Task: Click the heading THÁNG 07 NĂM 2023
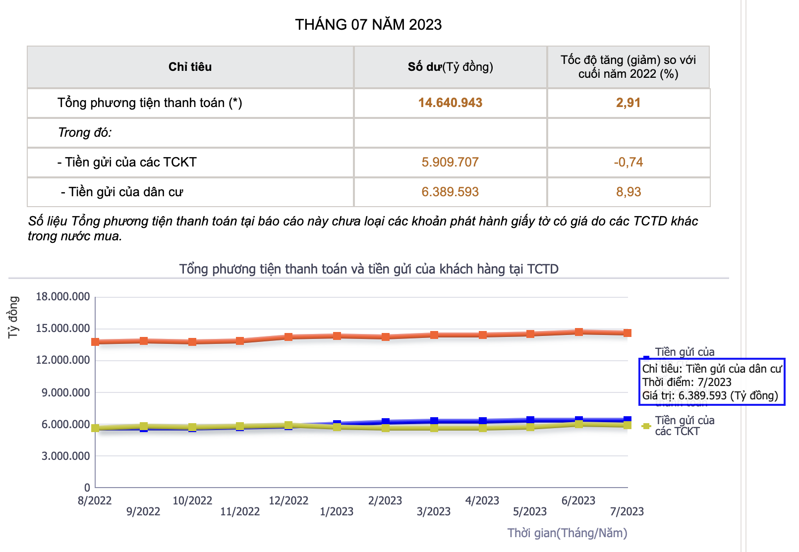pyautogui.click(x=368, y=24)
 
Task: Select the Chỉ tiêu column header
pyautogui.click(x=190, y=67)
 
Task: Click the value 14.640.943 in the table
pyautogui.click(x=450, y=103)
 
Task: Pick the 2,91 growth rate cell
pyautogui.click(x=628, y=103)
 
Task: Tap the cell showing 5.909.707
pyautogui.click(x=450, y=162)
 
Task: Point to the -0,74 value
pyautogui.click(x=628, y=162)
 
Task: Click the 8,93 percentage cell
pyautogui.click(x=628, y=192)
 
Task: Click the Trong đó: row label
pyautogui.click(x=85, y=132)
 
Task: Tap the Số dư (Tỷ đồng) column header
pyautogui.click(x=450, y=67)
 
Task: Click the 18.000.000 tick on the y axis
pyautogui.click(x=63, y=297)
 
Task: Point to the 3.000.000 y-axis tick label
pyautogui.click(x=66, y=456)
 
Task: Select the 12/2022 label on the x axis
pyautogui.click(x=288, y=500)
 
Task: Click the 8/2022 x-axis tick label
pyautogui.click(x=95, y=500)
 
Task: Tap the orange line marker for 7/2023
pyautogui.click(x=628, y=333)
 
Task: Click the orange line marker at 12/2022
pyautogui.click(x=288, y=337)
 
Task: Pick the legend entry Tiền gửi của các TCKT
pyautogui.click(x=684, y=426)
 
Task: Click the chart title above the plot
pyautogui.click(x=369, y=269)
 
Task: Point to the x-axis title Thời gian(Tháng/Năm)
pyautogui.click(x=567, y=533)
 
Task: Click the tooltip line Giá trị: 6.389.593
pyautogui.click(x=710, y=395)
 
